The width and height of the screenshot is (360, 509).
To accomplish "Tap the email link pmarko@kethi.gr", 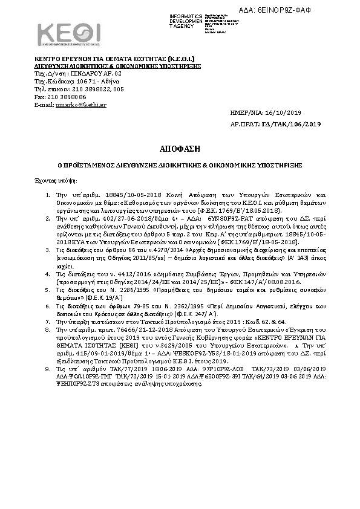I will (x=73, y=105).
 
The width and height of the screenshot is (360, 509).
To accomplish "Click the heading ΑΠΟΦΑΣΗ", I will (x=180, y=148).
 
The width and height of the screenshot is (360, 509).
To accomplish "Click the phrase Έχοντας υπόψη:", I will (x=51, y=181).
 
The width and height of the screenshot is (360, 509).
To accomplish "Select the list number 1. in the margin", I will (x=48, y=196).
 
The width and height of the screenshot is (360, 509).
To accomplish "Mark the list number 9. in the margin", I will (x=48, y=350).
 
